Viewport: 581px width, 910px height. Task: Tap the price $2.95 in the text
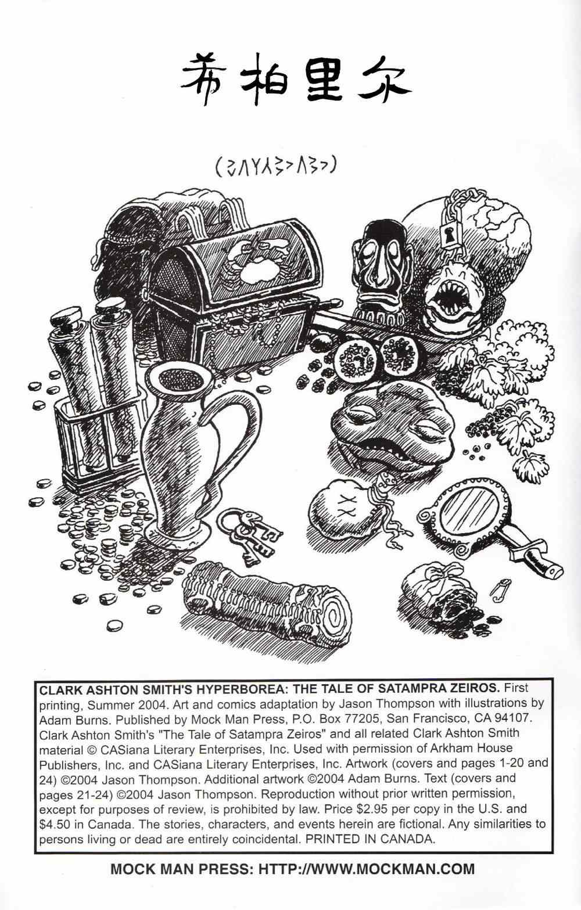[x=364, y=809]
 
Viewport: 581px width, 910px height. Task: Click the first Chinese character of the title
[x=202, y=81]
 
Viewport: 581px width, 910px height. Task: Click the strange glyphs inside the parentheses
[x=276, y=168]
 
